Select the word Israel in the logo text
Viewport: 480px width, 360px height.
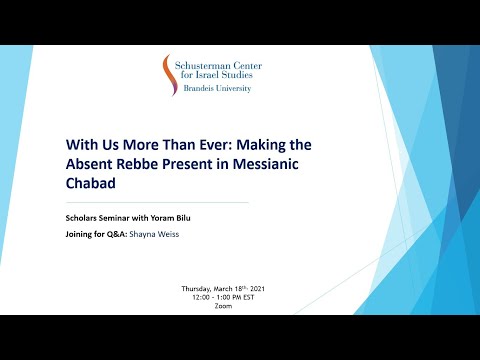tap(226, 75)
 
